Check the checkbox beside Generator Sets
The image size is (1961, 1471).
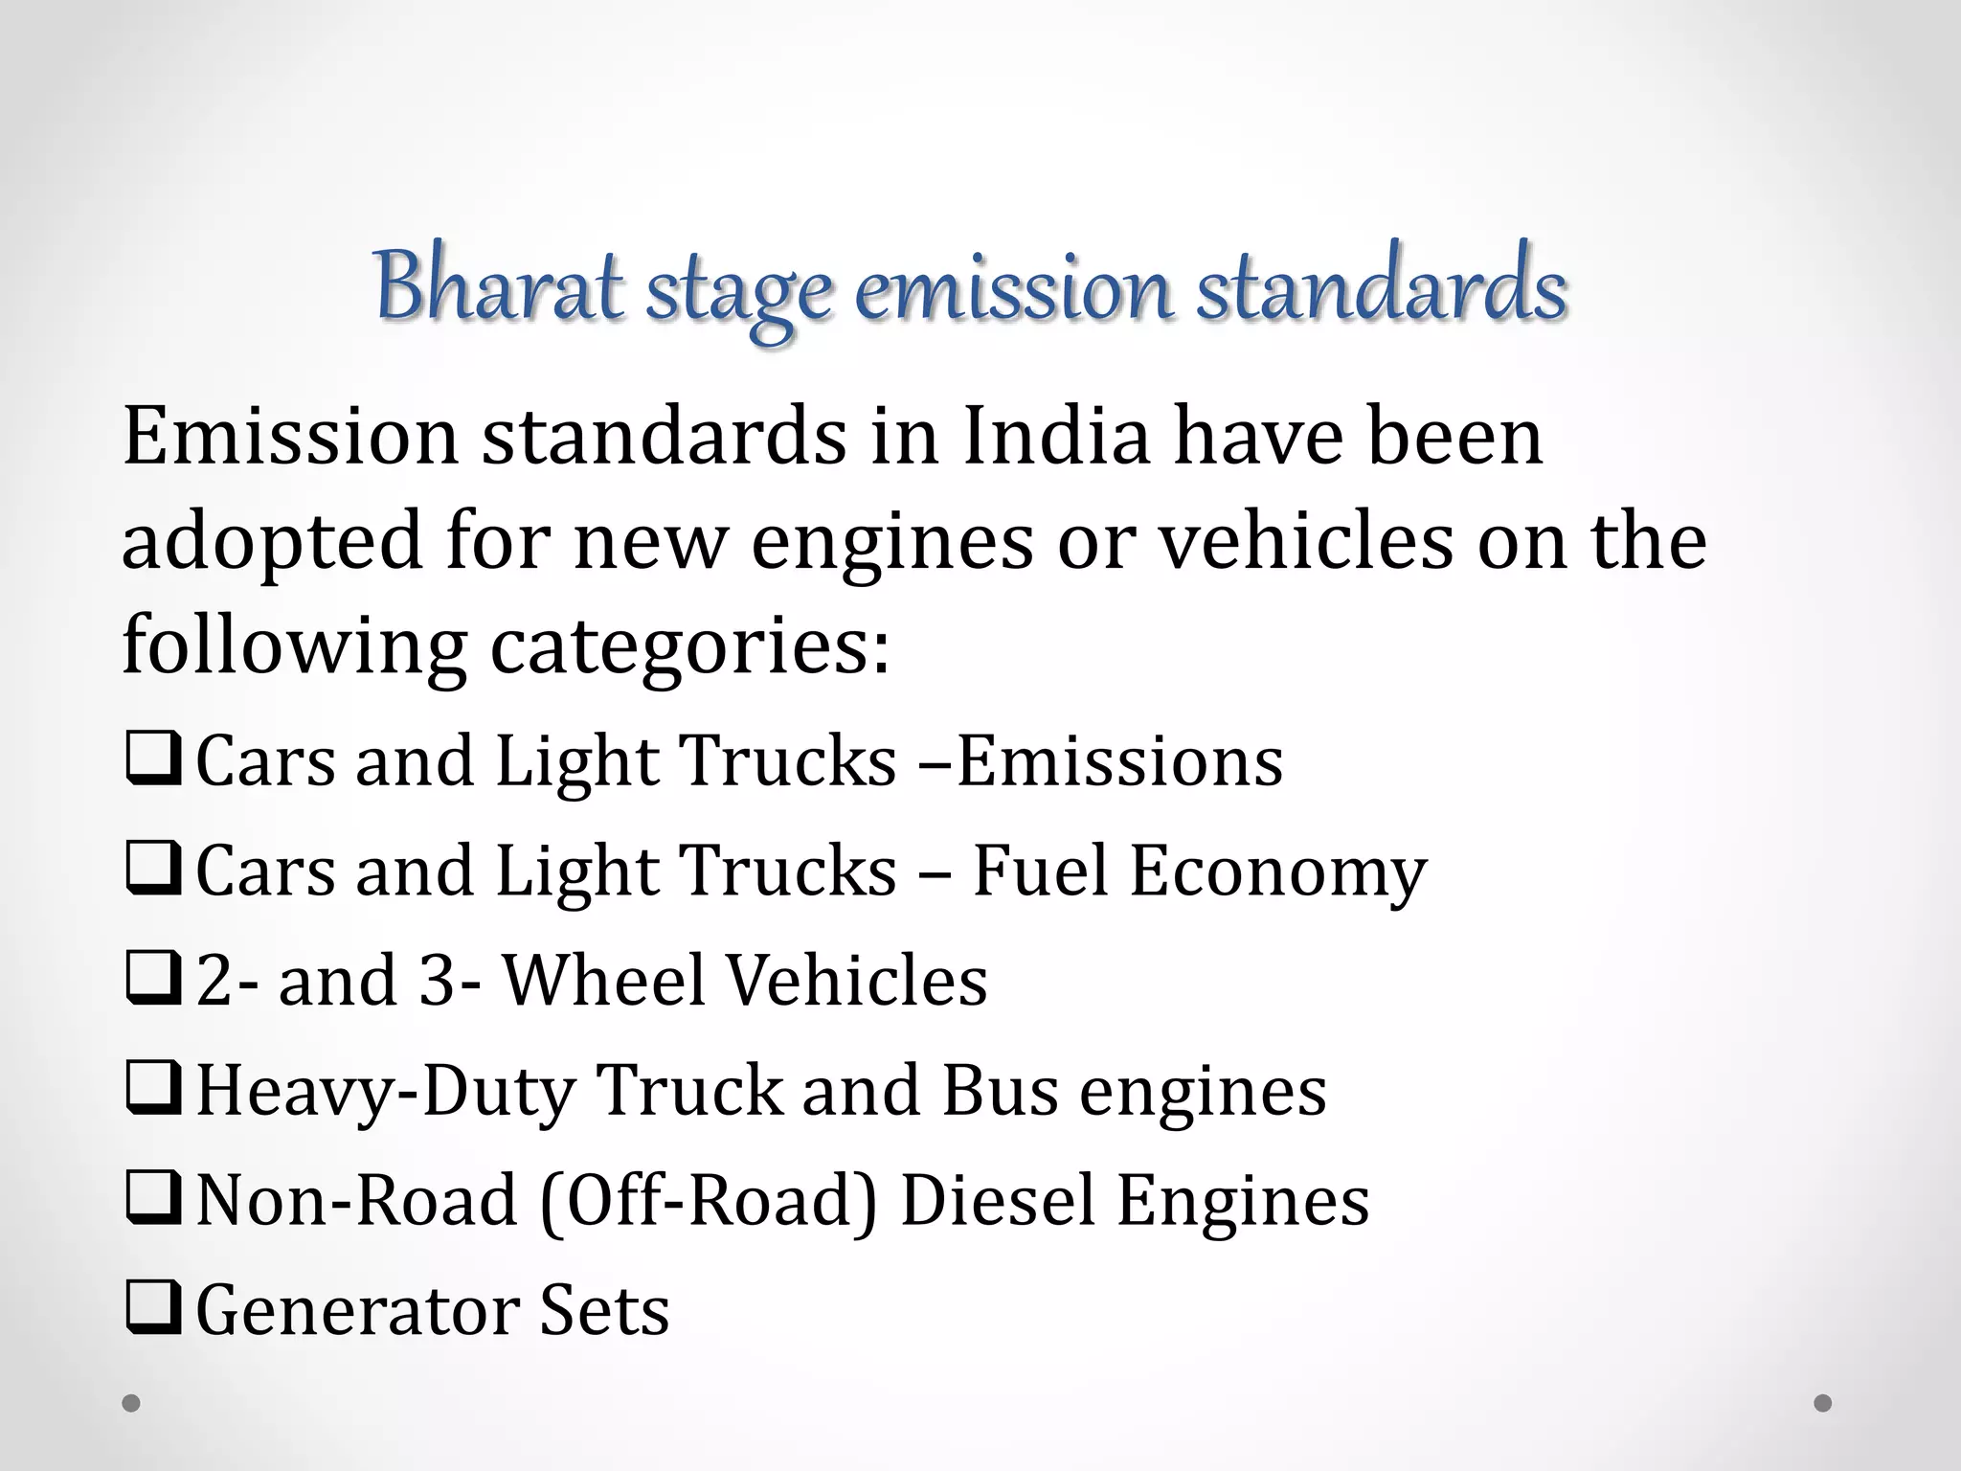coord(153,1310)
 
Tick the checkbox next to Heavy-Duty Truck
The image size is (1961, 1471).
coord(153,1090)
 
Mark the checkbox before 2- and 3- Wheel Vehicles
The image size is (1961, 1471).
coord(153,980)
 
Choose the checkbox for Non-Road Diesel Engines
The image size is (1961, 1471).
coord(153,1200)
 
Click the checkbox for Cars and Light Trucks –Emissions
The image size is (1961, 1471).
coord(153,760)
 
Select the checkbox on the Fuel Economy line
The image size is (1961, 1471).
coord(153,871)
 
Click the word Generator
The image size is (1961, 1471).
coord(355,1310)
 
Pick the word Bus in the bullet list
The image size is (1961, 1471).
coord(1000,1090)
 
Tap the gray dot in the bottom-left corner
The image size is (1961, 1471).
coord(131,1403)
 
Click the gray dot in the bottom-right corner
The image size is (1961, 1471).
coord(1823,1403)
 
